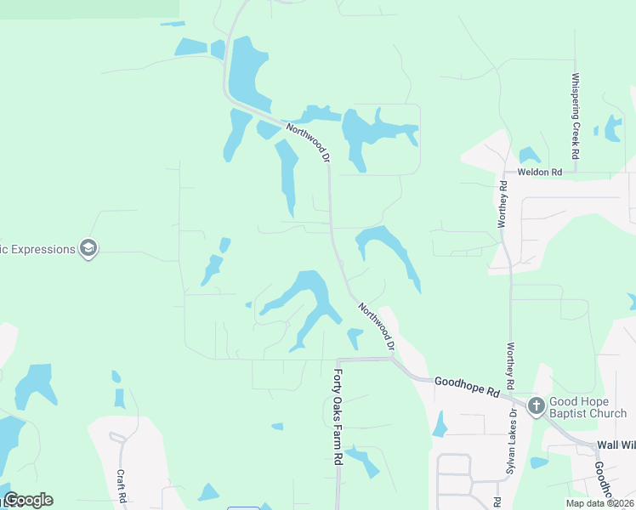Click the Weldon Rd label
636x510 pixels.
(x=546, y=173)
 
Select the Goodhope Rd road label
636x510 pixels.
(x=466, y=387)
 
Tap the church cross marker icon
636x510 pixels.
(x=536, y=405)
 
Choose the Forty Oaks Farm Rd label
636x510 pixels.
(x=338, y=416)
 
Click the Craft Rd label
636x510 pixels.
(x=122, y=484)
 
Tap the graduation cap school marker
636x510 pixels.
(x=88, y=249)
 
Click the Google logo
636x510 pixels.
(x=28, y=500)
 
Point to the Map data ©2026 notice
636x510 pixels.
(x=599, y=503)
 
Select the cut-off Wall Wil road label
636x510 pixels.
(x=616, y=445)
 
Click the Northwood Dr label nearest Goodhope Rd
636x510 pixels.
(x=376, y=326)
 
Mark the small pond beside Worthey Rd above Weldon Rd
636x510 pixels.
(x=529, y=156)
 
